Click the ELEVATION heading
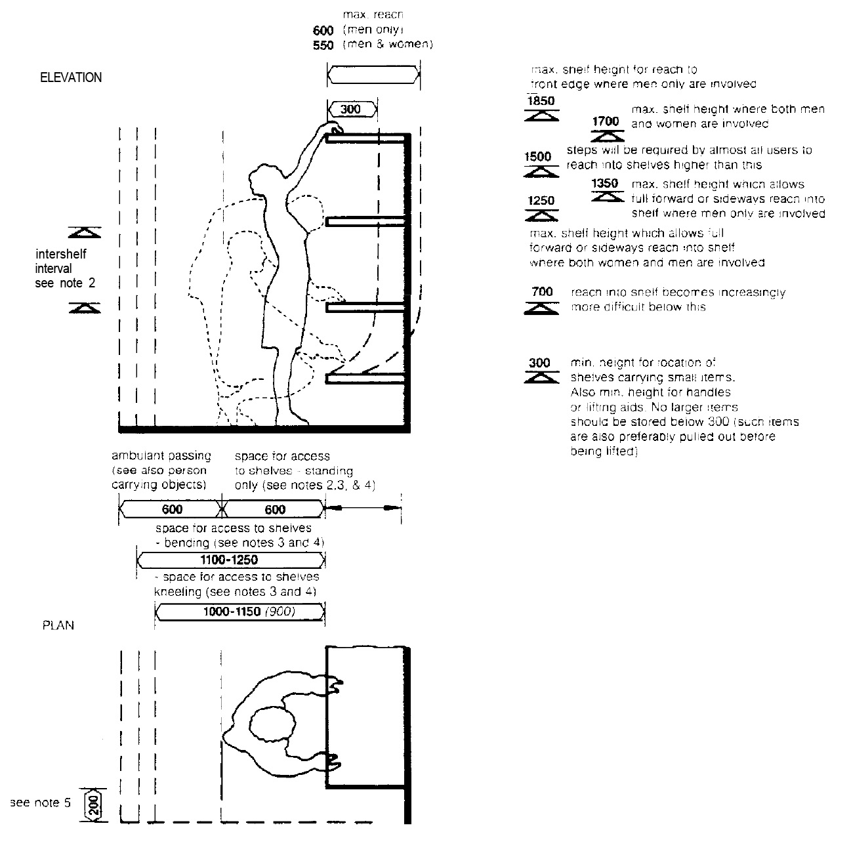(x=71, y=77)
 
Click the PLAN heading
(x=58, y=625)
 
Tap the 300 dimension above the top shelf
(x=351, y=109)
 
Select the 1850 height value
(x=541, y=101)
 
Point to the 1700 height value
(x=605, y=121)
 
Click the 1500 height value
(x=538, y=157)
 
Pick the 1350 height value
(x=605, y=183)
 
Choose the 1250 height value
(x=541, y=200)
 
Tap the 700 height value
(x=542, y=292)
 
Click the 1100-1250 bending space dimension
(x=228, y=560)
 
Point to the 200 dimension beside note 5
(x=93, y=804)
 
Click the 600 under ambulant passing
(x=172, y=509)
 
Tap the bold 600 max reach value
(x=323, y=30)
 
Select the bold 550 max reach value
(x=323, y=45)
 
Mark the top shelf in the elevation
(x=367, y=138)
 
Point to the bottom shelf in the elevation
(x=367, y=379)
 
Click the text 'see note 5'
(x=40, y=802)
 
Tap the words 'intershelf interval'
(x=60, y=261)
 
